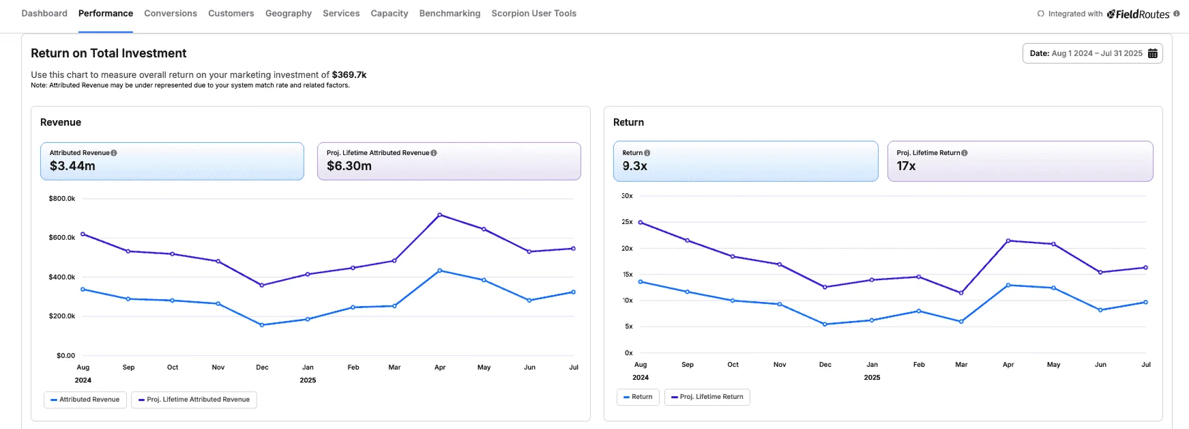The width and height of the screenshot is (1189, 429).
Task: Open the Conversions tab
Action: [171, 14]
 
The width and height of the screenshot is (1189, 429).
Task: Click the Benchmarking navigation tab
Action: [450, 14]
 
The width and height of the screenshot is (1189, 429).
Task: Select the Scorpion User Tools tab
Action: [533, 14]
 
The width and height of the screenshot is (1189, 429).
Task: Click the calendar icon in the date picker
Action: [1152, 53]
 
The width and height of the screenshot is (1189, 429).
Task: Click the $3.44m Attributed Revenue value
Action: [72, 166]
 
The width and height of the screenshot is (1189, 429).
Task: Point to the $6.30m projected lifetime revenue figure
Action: [349, 166]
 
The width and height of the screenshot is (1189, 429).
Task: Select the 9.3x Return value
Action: [634, 166]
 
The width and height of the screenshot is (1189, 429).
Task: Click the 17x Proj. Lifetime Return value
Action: [906, 166]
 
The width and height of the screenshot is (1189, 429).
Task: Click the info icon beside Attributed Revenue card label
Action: [114, 153]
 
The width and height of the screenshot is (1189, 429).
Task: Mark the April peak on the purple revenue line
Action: [439, 214]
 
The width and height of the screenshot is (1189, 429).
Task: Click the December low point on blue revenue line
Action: [262, 325]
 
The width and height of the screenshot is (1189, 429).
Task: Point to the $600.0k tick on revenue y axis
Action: [62, 238]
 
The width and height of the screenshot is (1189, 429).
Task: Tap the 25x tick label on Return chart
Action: [627, 222]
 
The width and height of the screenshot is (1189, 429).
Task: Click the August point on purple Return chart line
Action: [640, 222]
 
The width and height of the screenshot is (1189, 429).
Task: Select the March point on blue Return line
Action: [961, 321]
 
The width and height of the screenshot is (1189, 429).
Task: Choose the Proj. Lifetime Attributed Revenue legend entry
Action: [194, 400]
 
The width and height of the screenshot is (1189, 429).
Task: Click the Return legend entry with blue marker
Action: [638, 397]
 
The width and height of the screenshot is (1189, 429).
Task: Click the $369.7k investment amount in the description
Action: [349, 75]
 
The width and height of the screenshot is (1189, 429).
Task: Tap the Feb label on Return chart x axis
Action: [919, 365]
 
